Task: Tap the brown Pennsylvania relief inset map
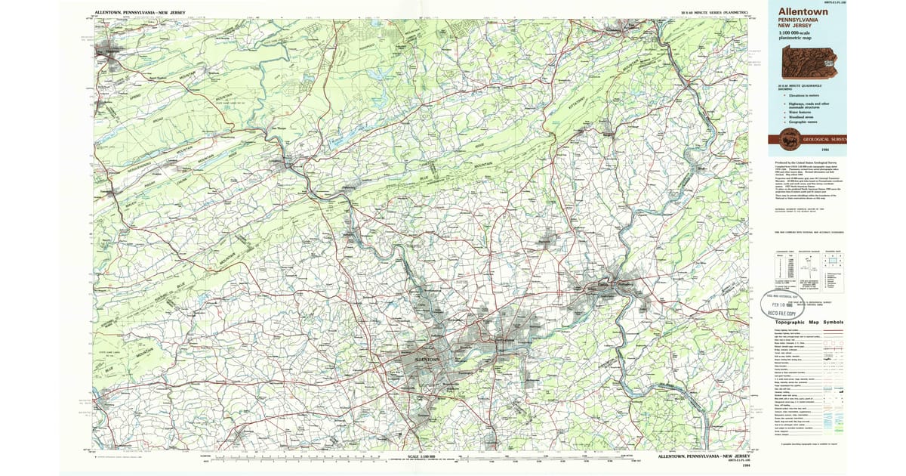tap(809, 62)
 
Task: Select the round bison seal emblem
tap(785, 141)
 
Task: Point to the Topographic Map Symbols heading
tap(809, 323)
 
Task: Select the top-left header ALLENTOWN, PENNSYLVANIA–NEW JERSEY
tap(140, 13)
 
